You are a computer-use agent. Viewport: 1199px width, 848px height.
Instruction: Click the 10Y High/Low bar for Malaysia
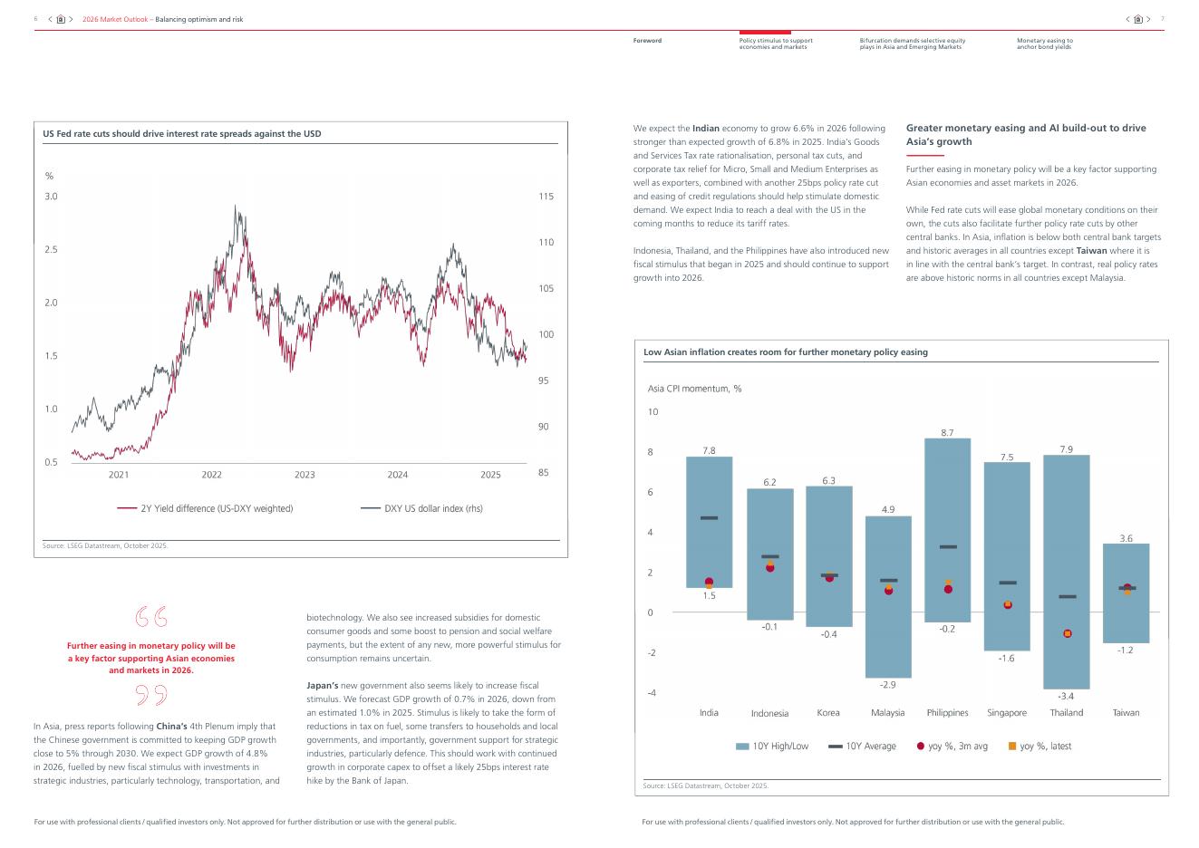pyautogui.click(x=887, y=634)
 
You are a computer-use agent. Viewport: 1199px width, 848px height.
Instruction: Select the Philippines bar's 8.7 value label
pyautogui.click(x=947, y=433)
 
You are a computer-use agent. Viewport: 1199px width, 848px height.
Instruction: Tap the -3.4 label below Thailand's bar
pyautogui.click(x=1066, y=697)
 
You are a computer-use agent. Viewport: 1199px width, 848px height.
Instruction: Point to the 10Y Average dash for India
pyautogui.click(x=709, y=518)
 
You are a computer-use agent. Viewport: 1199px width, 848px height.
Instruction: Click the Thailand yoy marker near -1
pyautogui.click(x=1067, y=633)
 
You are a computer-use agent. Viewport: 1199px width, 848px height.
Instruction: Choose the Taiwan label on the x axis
pyautogui.click(x=1126, y=713)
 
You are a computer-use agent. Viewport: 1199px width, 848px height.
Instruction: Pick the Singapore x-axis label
pyautogui.click(x=1006, y=713)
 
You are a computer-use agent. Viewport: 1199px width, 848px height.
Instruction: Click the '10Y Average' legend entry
pyautogui.click(x=862, y=747)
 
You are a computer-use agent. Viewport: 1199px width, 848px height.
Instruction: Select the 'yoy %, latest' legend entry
pyautogui.click(x=1039, y=747)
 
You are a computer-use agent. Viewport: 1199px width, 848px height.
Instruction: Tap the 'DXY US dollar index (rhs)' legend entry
pyautogui.click(x=422, y=508)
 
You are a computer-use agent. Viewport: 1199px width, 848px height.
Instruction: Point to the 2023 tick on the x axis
pyautogui.click(x=305, y=475)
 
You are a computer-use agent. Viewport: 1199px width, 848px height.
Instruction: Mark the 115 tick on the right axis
pyautogui.click(x=546, y=197)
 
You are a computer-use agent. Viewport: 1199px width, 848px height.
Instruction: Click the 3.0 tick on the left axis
pyautogui.click(x=51, y=197)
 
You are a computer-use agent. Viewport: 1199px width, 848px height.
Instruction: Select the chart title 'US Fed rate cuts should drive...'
pyautogui.click(x=182, y=134)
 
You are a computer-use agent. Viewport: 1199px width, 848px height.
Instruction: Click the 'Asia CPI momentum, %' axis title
pyautogui.click(x=694, y=389)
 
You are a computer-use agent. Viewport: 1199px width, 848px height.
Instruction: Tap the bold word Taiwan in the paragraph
pyautogui.click(x=1091, y=251)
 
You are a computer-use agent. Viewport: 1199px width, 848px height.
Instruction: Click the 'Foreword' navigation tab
pyautogui.click(x=647, y=41)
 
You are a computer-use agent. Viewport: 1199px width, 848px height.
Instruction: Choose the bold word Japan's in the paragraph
pyautogui.click(x=323, y=686)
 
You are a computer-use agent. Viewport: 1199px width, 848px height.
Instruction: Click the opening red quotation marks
pyautogui.click(x=151, y=617)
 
